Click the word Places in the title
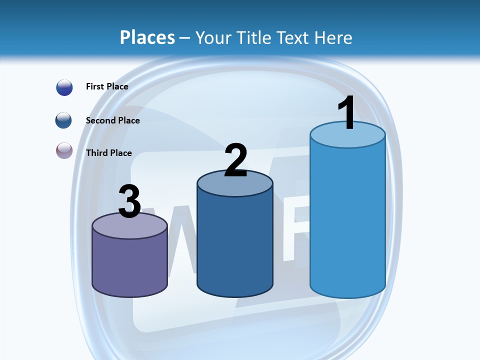click(147, 37)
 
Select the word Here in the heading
click(333, 37)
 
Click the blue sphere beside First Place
click(64, 87)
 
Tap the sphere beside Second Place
click(64, 120)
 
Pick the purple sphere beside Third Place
click(64, 150)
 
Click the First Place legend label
click(107, 86)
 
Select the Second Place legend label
click(112, 120)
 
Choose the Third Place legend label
click(108, 153)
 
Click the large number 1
click(347, 113)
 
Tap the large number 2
click(235, 160)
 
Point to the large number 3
click(129, 201)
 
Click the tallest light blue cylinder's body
click(347, 220)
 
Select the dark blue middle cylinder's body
click(235, 245)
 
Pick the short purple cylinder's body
click(129, 265)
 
